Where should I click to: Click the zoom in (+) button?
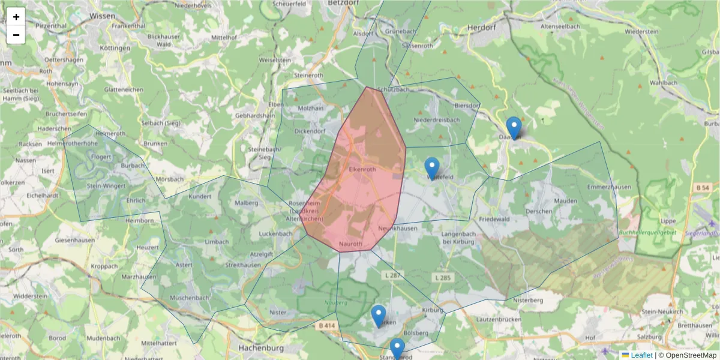16,17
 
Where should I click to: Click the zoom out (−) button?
16,35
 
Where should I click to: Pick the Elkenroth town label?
362,170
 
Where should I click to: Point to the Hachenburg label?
260,347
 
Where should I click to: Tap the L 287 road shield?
394,275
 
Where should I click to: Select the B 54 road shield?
703,188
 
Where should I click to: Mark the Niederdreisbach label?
437,120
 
